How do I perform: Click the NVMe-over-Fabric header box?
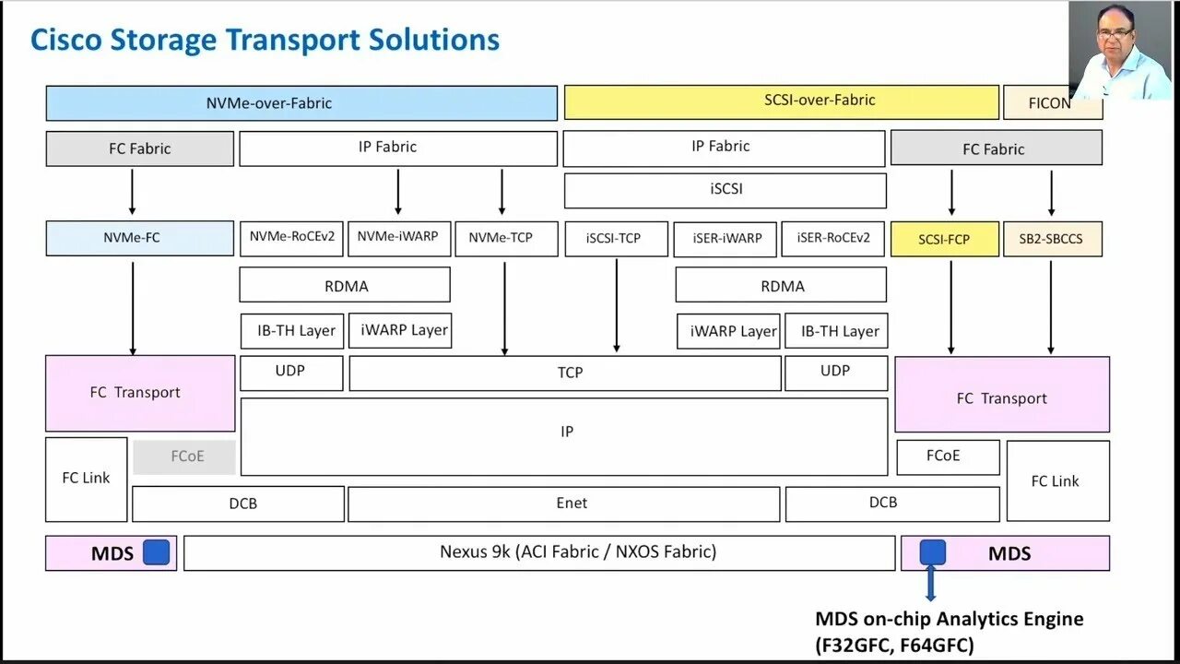301,103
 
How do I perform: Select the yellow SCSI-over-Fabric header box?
781,101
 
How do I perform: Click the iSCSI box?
725,190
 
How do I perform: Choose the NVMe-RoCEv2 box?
292,237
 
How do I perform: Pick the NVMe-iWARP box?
398,237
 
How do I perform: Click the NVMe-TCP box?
501,238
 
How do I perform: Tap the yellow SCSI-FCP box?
944,240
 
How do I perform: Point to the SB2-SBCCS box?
1052,240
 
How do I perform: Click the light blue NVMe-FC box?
139,238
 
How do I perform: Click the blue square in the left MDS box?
157,552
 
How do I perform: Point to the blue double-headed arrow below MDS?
931,584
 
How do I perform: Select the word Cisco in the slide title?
66,41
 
